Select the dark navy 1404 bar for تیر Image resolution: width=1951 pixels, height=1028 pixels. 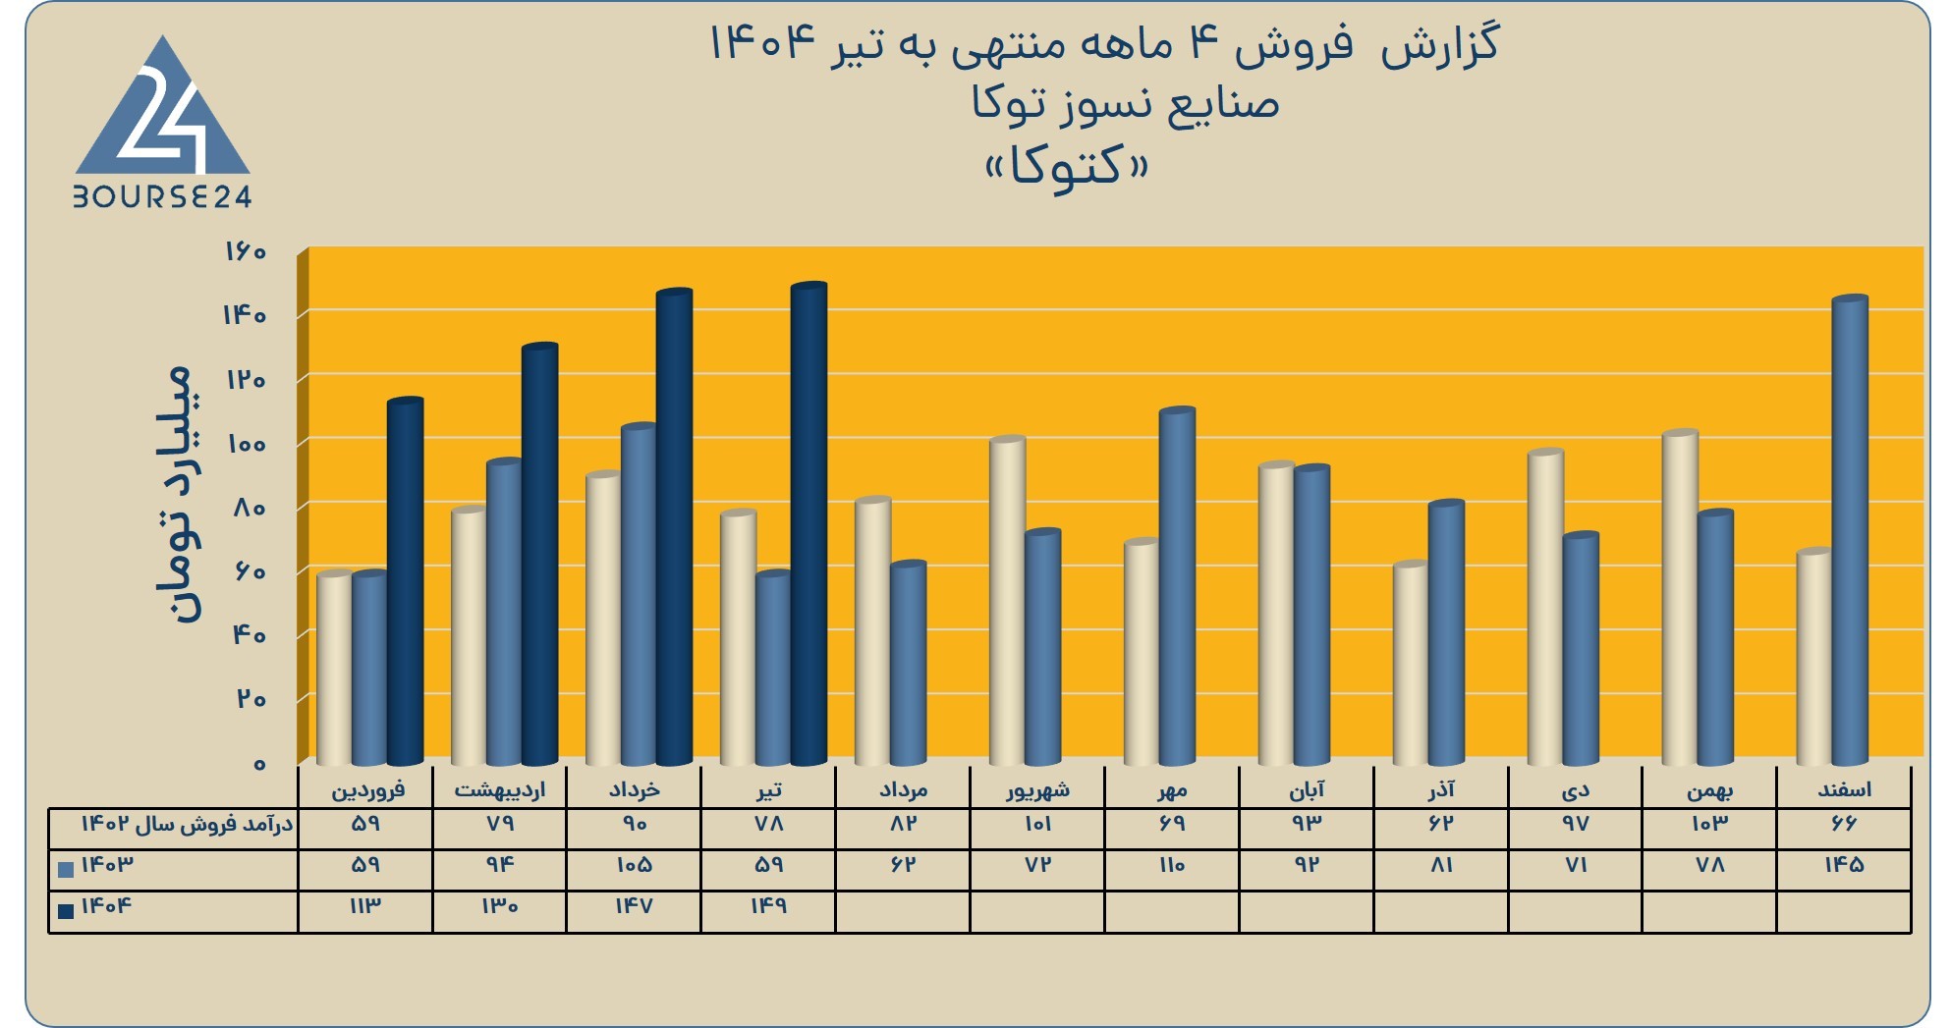click(x=808, y=524)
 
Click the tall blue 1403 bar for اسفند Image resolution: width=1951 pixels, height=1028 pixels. click(x=1850, y=530)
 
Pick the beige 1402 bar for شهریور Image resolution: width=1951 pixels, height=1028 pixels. click(x=1007, y=601)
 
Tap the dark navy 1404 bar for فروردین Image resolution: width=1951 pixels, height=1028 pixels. click(x=405, y=581)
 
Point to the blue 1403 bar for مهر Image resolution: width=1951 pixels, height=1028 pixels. click(x=1177, y=586)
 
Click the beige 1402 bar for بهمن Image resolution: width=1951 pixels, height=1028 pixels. click(x=1680, y=598)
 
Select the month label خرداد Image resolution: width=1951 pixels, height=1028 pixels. click(x=634, y=789)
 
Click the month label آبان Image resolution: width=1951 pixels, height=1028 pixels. click(x=1307, y=788)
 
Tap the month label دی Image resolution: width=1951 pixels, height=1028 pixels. click(x=1575, y=790)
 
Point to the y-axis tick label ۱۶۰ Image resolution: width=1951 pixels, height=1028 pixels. click(x=245, y=251)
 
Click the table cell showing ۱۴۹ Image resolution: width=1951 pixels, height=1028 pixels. click(x=768, y=905)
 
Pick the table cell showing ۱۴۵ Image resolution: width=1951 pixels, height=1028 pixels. click(x=1844, y=864)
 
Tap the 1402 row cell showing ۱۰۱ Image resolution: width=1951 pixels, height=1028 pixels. click(x=1037, y=823)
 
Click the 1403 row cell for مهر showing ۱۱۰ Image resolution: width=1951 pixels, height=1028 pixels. click(x=1172, y=864)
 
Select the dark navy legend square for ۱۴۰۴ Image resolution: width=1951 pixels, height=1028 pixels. click(x=66, y=910)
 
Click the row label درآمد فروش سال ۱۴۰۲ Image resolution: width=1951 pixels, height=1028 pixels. click(x=187, y=824)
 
